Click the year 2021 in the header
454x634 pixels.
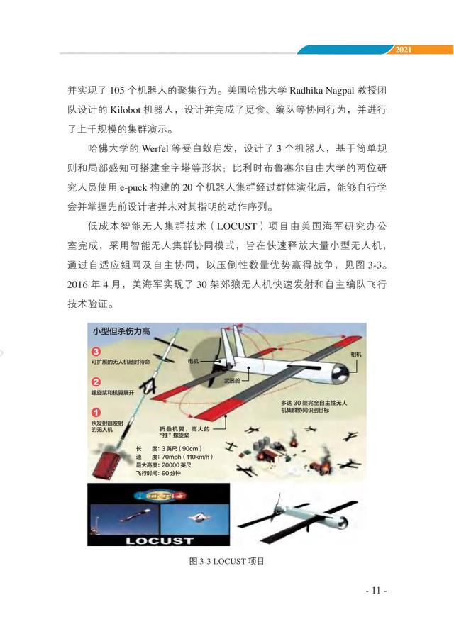coord(402,50)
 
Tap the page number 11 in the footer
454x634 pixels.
coord(374,590)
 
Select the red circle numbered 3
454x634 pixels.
coord(96,350)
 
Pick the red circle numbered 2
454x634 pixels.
coord(96,382)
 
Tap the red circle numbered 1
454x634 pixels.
coord(96,412)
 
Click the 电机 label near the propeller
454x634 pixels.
coord(193,361)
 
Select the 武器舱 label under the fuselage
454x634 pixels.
coord(231,379)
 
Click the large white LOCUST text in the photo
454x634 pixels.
coord(159,540)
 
